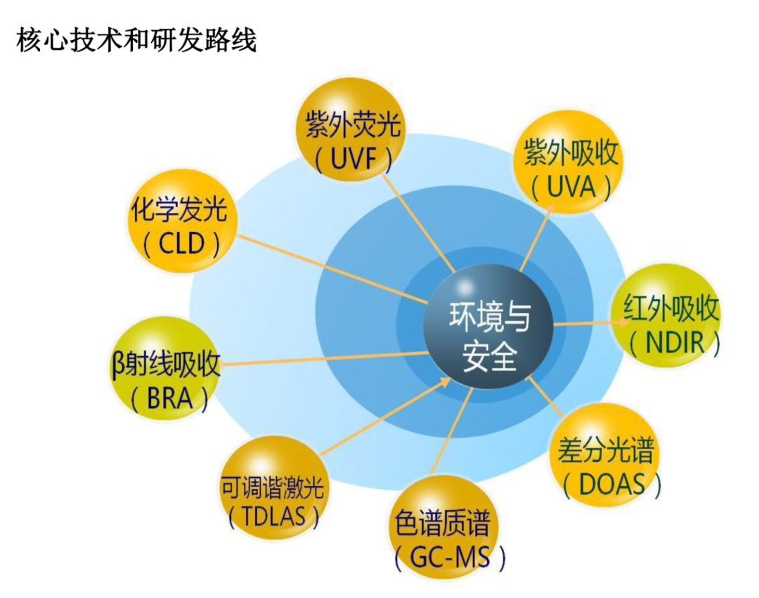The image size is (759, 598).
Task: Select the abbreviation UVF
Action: [x=351, y=160]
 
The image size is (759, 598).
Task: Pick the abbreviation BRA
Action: [x=169, y=400]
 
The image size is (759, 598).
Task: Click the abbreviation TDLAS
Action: [x=273, y=517]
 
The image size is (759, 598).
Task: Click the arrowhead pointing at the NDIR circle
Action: [x=623, y=322]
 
